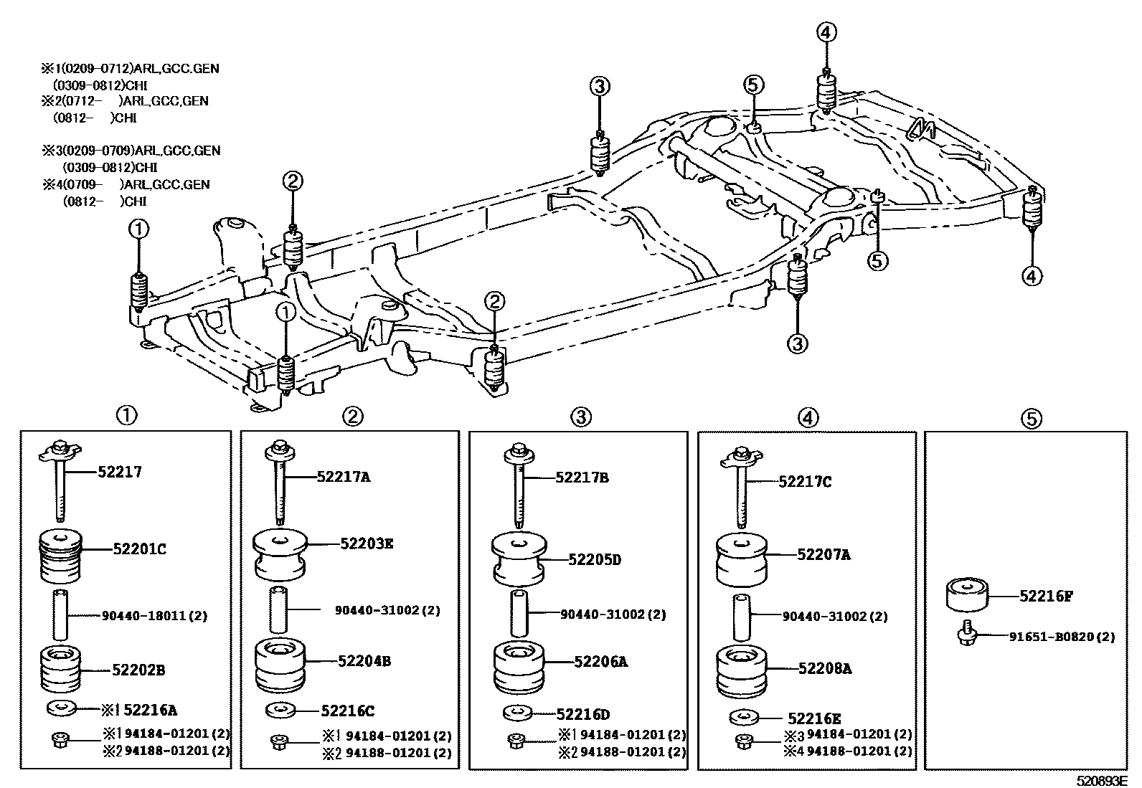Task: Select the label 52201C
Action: click(x=139, y=549)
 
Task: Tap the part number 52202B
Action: click(x=138, y=670)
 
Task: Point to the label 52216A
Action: click(x=150, y=710)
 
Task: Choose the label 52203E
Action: click(x=367, y=543)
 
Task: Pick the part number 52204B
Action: click(x=364, y=661)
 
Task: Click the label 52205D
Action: click(x=595, y=559)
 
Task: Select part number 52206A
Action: click(x=600, y=662)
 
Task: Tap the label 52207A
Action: click(x=824, y=554)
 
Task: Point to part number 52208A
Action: click(x=825, y=668)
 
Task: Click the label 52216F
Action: click(x=1046, y=595)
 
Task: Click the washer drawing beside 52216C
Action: click(x=280, y=711)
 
